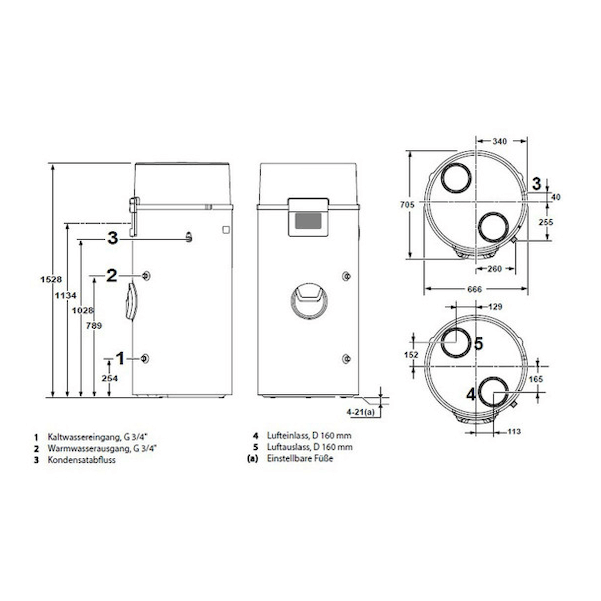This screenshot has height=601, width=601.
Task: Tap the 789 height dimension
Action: (x=94, y=326)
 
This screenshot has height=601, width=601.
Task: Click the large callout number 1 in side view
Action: (x=120, y=358)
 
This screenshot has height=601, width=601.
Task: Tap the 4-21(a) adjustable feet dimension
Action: (x=360, y=412)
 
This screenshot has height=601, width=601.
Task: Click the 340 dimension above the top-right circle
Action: (x=499, y=142)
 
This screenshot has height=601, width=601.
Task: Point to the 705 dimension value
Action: (x=407, y=204)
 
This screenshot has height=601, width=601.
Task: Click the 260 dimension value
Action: (x=494, y=269)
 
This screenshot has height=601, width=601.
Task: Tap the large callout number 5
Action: (x=478, y=344)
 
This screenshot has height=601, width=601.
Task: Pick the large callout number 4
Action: (x=471, y=395)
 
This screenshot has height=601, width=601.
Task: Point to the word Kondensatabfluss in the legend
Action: (x=81, y=460)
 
